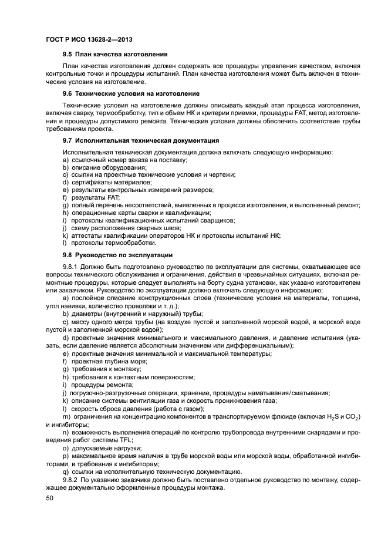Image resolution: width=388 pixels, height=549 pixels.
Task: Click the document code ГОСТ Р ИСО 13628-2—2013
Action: point(88,39)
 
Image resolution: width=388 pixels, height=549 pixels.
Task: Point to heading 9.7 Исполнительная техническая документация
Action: point(141,141)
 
